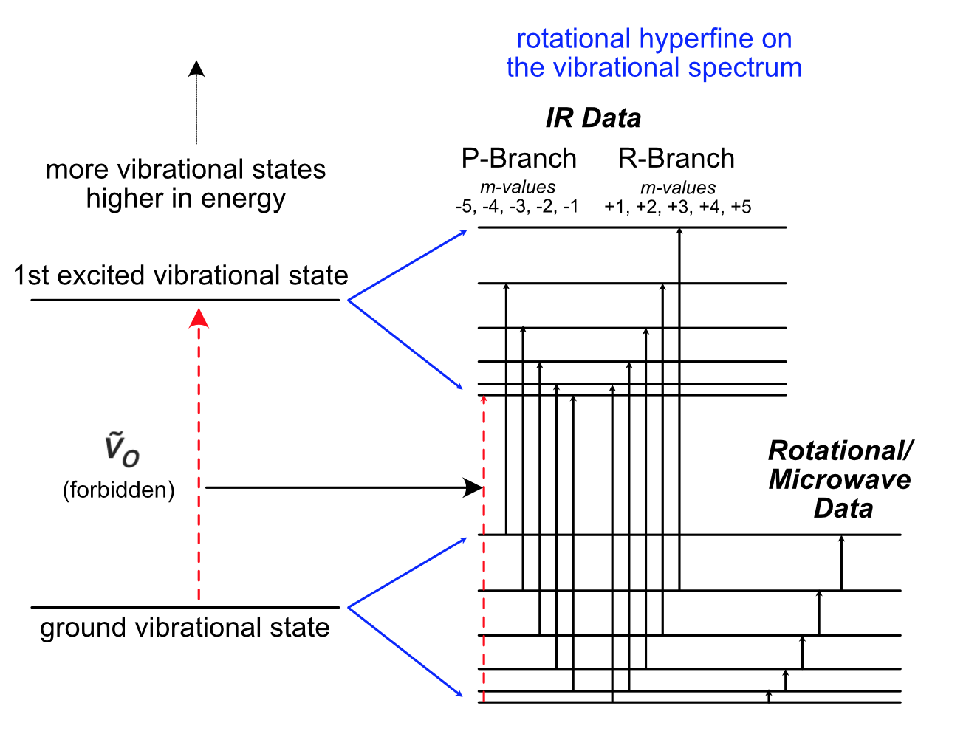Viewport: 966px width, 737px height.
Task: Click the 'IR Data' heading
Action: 593,118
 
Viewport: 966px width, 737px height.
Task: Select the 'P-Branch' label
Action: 518,158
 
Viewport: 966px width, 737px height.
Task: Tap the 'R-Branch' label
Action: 676,158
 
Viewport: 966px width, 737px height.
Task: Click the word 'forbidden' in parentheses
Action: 119,490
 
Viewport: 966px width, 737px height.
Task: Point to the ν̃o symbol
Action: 121,450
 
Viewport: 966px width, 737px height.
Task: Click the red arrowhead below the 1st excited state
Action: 199,318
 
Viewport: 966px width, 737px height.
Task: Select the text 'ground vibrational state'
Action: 185,628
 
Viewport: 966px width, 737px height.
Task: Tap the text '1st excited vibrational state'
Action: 181,275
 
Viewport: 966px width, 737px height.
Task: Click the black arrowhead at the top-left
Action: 196,69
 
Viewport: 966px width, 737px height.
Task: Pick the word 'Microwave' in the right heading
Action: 840,479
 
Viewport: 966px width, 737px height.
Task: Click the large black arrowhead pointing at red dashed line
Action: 473,487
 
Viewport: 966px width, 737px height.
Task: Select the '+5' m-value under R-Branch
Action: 741,207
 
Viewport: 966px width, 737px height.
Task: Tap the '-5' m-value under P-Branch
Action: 465,207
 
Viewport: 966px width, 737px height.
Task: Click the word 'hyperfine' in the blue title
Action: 694,38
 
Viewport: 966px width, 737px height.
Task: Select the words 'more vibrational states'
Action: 185,169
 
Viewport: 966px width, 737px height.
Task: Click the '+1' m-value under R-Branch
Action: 614,207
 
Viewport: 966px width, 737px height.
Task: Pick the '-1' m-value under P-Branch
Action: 571,207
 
